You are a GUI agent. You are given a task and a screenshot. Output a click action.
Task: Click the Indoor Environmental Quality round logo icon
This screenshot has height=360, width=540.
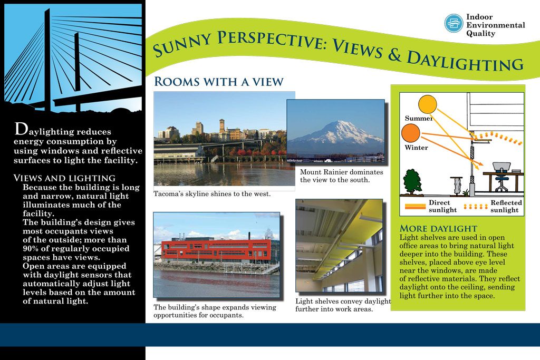coord(453,23)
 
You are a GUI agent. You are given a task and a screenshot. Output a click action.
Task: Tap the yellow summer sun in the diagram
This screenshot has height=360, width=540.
coord(427,104)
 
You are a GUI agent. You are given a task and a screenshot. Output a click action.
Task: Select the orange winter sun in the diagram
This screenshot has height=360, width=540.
coord(410,133)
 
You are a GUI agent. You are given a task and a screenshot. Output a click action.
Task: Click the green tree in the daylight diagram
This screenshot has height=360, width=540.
coord(412,181)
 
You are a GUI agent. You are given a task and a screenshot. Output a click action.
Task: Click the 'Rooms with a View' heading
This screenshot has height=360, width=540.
coord(219,82)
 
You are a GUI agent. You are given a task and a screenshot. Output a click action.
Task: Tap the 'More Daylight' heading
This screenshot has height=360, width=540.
coord(438,229)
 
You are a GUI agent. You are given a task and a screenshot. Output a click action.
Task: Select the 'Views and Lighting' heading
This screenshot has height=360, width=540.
coord(64,178)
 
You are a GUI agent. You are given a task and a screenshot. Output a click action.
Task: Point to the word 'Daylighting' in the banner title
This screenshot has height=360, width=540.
coord(465,61)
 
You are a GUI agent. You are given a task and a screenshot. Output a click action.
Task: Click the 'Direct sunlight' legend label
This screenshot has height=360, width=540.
coord(442,206)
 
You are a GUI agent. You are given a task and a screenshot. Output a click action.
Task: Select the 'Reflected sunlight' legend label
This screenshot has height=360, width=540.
coord(506,206)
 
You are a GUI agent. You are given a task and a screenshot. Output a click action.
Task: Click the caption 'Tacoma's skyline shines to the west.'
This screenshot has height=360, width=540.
coord(212,194)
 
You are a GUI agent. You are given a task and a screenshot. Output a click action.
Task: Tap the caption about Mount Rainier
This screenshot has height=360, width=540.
coord(341,176)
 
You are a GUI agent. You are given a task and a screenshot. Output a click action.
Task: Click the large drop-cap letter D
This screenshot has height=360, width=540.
coord(21,129)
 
